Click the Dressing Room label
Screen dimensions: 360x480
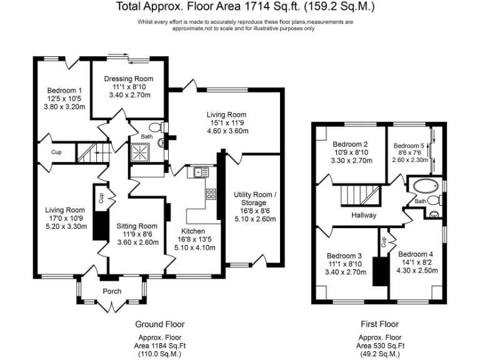click(129, 78)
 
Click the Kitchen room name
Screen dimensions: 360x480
click(192, 231)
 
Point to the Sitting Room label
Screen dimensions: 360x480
click(137, 226)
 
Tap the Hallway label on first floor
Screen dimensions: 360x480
click(364, 215)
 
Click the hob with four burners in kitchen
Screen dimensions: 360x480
click(211, 194)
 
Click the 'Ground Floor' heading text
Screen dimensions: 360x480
click(159, 324)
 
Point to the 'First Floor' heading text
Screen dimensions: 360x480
click(379, 324)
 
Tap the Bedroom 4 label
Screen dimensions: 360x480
click(416, 254)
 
